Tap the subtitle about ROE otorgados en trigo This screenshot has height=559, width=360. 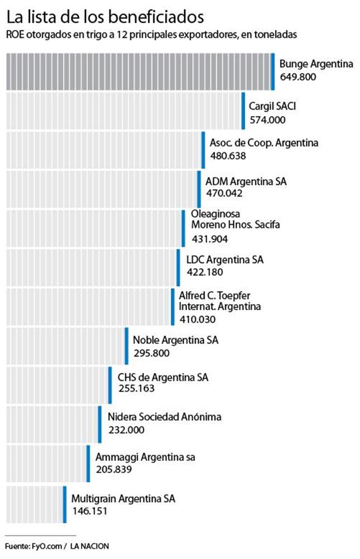tap(151, 35)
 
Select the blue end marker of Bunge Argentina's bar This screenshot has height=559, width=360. tap(272, 71)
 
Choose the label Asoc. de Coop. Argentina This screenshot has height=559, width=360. tap(264, 143)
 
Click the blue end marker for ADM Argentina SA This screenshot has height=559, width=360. tap(199, 189)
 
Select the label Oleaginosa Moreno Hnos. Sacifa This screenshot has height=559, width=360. tap(235, 219)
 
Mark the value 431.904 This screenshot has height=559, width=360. tap(209, 239)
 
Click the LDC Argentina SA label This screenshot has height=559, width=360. tap(224, 260)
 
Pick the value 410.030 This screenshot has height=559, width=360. tap(198, 320)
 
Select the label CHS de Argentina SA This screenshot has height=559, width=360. tap(163, 378)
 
